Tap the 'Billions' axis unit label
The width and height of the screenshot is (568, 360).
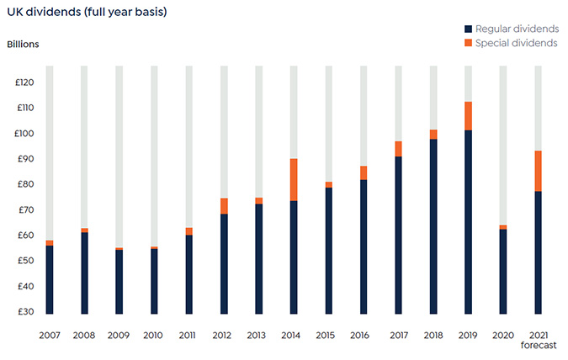(x=24, y=44)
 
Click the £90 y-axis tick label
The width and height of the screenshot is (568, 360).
(x=24, y=159)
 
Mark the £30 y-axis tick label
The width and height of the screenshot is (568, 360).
(x=24, y=312)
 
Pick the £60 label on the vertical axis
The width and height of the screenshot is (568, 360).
(x=24, y=236)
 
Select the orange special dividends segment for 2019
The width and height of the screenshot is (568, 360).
(x=468, y=115)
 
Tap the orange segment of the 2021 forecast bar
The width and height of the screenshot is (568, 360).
(x=538, y=171)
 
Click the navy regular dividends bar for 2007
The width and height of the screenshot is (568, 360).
(x=50, y=279)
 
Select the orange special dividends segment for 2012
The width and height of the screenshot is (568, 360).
(x=225, y=206)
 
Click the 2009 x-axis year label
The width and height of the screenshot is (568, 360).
(x=119, y=335)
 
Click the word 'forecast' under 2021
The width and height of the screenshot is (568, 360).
(x=538, y=345)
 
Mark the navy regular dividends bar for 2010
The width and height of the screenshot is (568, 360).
(x=154, y=281)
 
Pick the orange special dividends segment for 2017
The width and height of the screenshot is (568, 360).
(x=398, y=149)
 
